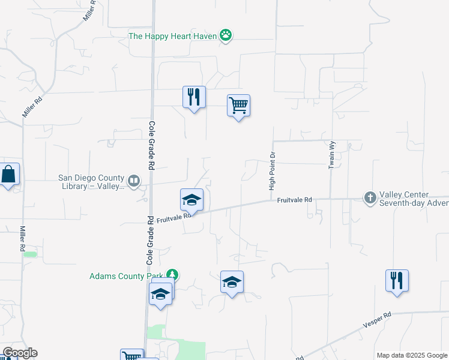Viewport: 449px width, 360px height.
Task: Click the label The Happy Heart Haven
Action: (x=173, y=36)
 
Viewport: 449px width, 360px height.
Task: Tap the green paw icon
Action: (x=226, y=35)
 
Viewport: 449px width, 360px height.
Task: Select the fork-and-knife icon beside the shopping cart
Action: (x=194, y=98)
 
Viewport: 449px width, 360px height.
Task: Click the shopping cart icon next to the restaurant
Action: (x=238, y=106)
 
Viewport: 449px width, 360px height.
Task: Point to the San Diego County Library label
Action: (x=91, y=181)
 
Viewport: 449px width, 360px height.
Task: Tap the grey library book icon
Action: (x=134, y=179)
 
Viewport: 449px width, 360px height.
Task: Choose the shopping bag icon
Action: (x=9, y=175)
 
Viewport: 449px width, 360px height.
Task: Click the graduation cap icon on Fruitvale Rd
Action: (x=191, y=200)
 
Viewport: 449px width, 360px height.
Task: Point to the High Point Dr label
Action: (x=272, y=171)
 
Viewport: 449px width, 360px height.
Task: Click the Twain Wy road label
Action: (x=331, y=154)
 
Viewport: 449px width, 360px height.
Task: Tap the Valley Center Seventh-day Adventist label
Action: (x=414, y=199)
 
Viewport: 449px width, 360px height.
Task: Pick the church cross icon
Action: (x=370, y=197)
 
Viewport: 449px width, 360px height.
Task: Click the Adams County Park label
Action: (x=126, y=276)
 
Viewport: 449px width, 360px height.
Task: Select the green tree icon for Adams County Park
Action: (x=172, y=275)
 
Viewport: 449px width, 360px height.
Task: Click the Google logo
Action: (x=19, y=353)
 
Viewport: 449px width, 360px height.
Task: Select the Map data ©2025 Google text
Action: (x=412, y=355)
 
